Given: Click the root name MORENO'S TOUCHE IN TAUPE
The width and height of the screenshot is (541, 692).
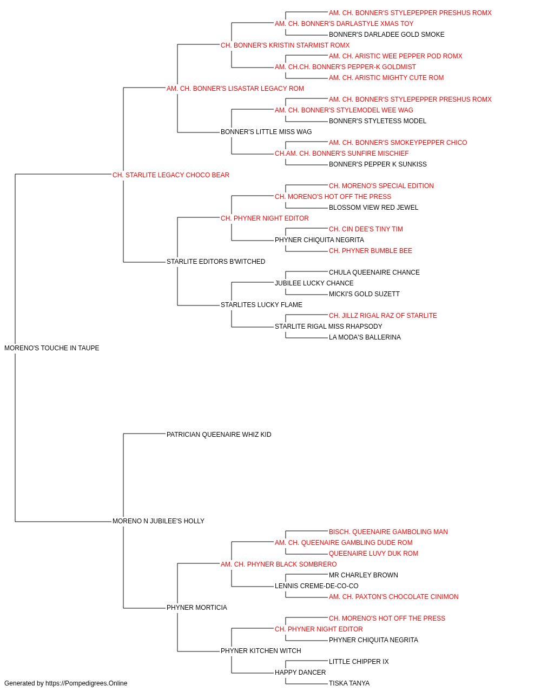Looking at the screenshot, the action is [x=51, y=348].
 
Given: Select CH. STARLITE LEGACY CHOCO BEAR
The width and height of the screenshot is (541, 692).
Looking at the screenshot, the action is [x=171, y=175].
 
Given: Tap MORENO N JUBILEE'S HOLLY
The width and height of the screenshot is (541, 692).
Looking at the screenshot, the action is [x=159, y=521].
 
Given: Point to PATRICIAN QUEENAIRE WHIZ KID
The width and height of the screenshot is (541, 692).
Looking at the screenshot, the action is [x=219, y=435].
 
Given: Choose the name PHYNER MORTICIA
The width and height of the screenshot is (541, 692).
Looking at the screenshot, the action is [x=197, y=608].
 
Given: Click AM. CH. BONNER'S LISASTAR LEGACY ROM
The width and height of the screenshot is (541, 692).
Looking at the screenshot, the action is [x=235, y=89].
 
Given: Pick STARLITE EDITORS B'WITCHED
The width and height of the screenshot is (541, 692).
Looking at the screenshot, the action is [x=216, y=262].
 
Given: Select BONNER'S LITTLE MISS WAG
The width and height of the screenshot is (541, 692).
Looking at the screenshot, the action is [x=266, y=132].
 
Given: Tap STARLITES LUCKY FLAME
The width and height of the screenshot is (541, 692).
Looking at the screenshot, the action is [x=261, y=305].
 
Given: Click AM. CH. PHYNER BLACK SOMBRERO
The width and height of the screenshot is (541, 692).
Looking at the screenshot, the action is [x=279, y=564].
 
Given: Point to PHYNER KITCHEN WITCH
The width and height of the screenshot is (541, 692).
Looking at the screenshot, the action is [x=261, y=651].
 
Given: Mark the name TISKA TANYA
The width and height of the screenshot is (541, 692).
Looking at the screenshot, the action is [x=349, y=683].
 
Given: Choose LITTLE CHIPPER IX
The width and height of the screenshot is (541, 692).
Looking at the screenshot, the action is [x=359, y=662].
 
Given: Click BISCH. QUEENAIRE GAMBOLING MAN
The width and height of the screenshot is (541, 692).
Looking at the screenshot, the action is [x=388, y=532].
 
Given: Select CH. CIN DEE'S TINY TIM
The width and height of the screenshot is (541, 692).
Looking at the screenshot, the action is [x=366, y=229].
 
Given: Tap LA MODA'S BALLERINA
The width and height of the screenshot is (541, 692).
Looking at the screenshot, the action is [x=365, y=337].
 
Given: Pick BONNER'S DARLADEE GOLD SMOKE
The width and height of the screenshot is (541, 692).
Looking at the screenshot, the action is [x=386, y=35].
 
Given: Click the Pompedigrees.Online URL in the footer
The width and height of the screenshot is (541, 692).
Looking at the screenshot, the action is [x=87, y=683].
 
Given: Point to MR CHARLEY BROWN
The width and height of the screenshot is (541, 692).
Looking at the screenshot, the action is [x=363, y=575].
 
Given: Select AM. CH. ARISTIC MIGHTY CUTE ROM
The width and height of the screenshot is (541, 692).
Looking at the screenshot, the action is [x=386, y=78].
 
